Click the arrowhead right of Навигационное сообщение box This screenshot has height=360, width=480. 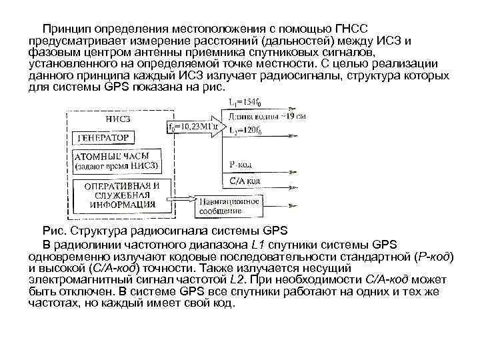click(286, 201)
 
